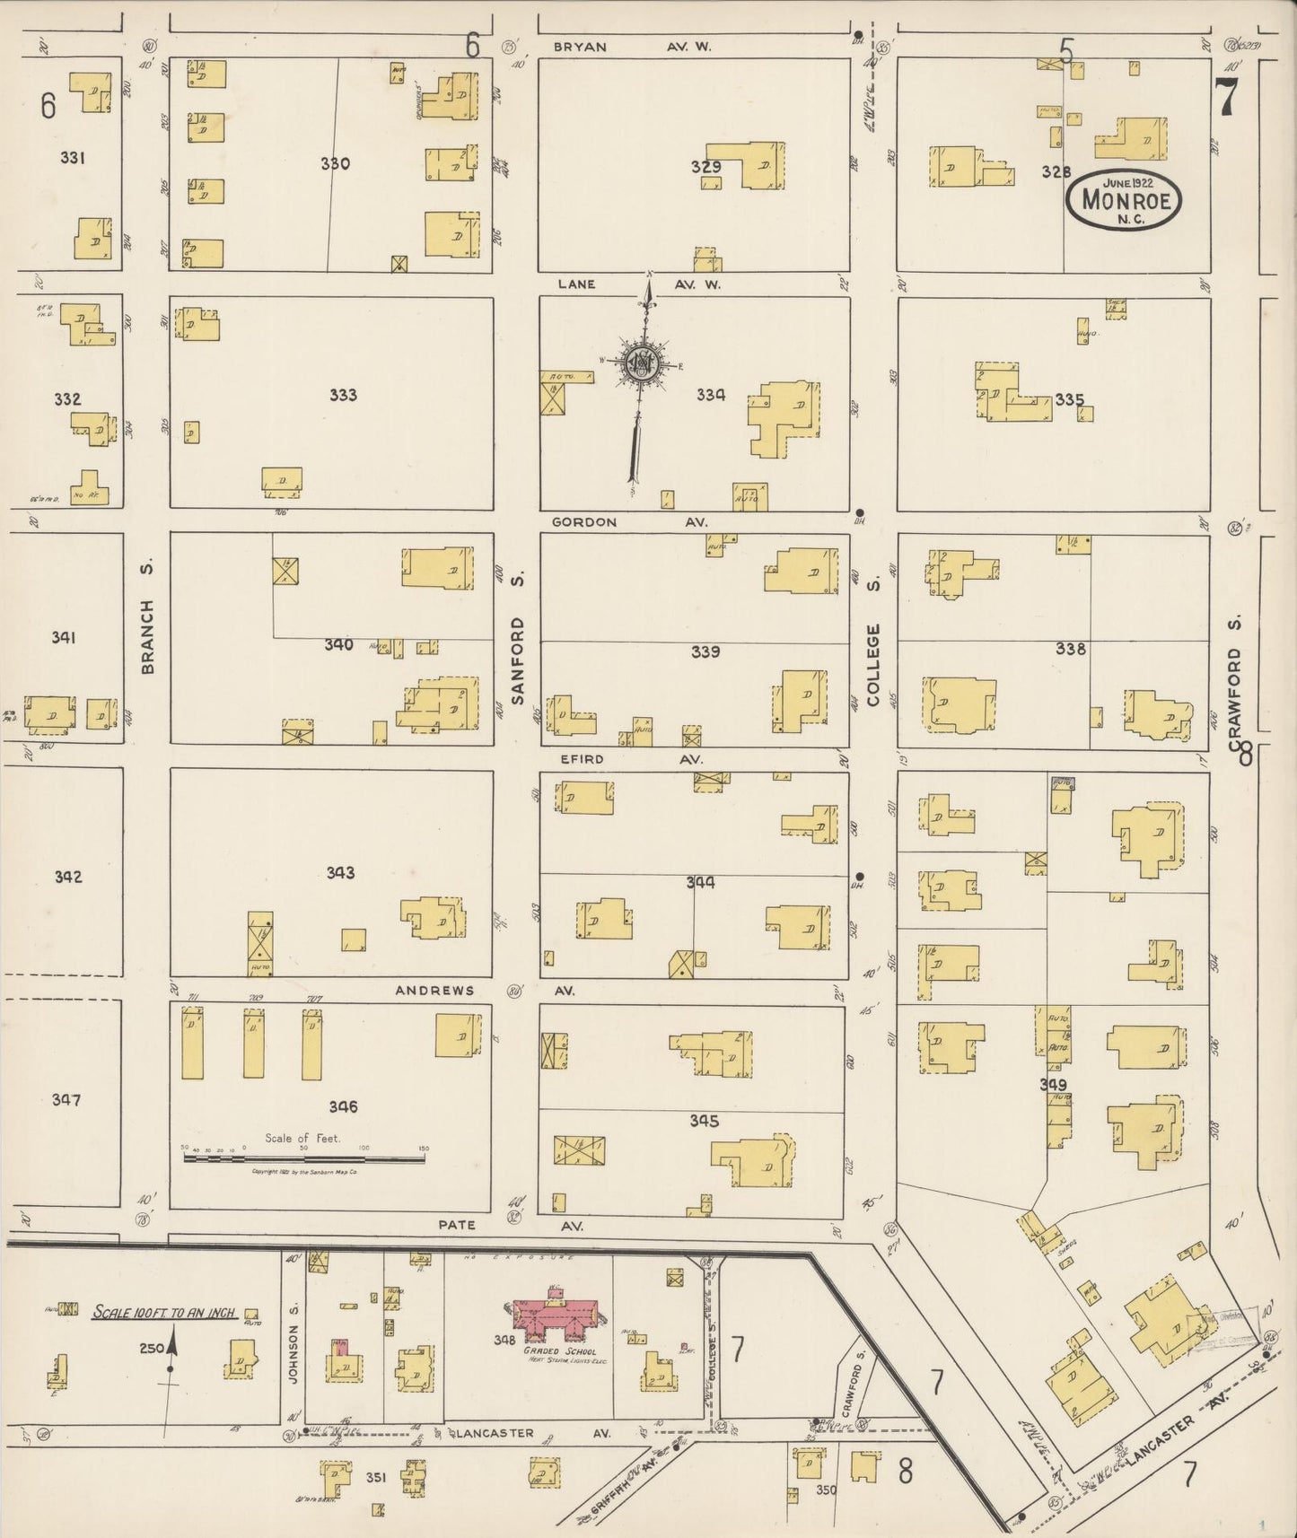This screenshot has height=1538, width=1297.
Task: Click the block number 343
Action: (340, 872)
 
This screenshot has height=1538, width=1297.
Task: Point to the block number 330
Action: (335, 163)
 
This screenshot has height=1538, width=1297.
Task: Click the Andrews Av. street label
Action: (484, 991)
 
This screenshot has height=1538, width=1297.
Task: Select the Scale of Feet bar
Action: (303, 1158)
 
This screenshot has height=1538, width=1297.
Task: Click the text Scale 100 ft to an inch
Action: (164, 1312)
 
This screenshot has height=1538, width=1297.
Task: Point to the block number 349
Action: (1053, 1085)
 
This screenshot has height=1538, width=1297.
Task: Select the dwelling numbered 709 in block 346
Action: (255, 1044)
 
